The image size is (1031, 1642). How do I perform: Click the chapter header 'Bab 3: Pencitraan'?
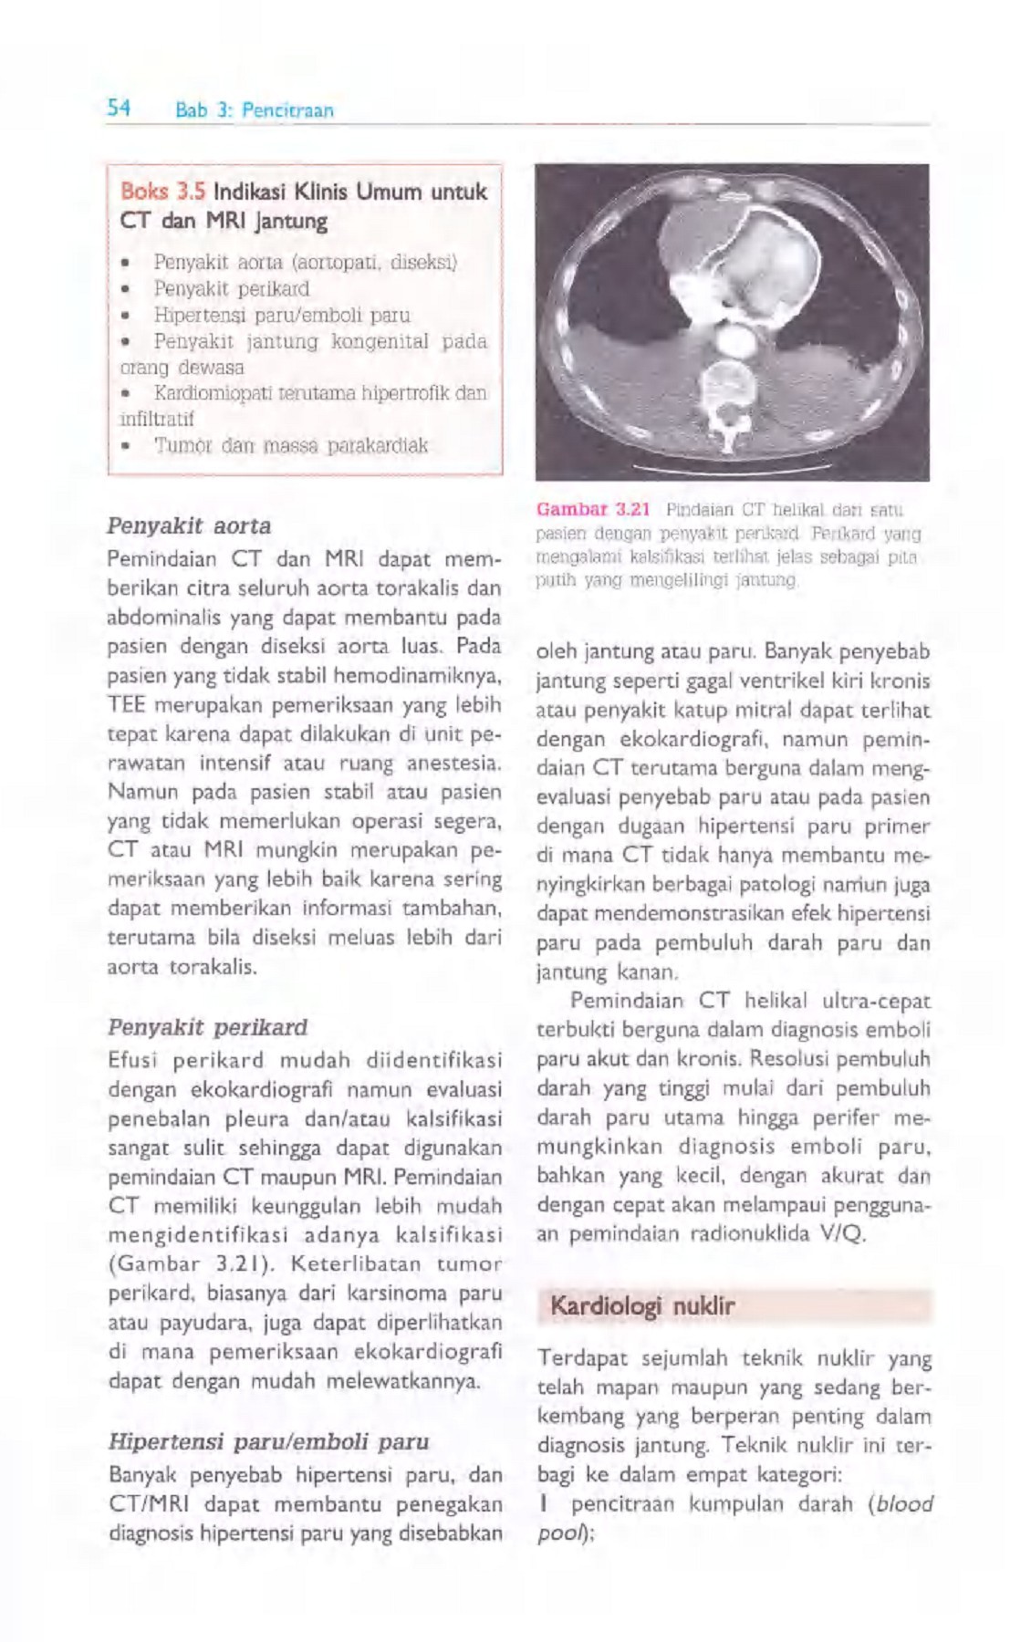(x=255, y=110)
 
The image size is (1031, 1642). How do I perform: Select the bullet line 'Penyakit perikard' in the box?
(x=231, y=289)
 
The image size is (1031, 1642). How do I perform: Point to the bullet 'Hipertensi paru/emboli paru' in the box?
(x=281, y=316)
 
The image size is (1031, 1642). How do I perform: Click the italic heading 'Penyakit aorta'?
(x=189, y=526)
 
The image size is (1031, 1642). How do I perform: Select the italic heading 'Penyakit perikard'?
(x=207, y=1026)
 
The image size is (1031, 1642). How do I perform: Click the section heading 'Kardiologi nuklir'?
(x=641, y=1306)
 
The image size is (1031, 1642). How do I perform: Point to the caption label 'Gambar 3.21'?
(x=592, y=508)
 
